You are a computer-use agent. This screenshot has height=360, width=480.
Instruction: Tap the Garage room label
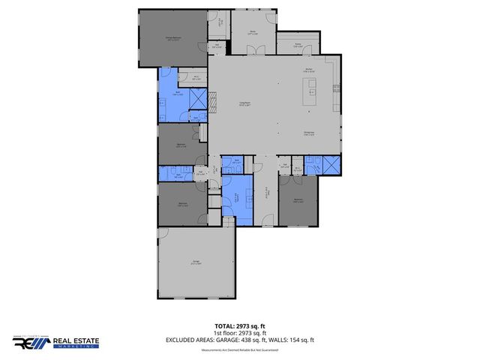[195, 263]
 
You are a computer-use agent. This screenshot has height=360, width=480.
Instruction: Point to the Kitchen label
[307, 70]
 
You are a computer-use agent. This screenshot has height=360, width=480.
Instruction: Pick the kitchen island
[308, 93]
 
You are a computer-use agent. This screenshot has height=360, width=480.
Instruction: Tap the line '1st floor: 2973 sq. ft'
[239, 333]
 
